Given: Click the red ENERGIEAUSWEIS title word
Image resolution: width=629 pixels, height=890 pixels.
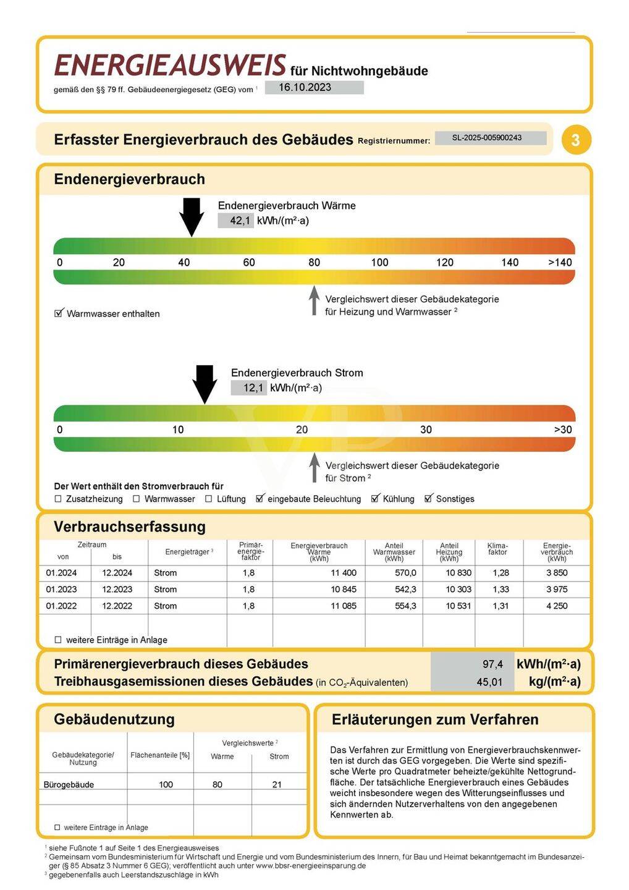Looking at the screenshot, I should pyautogui.click(x=170, y=66).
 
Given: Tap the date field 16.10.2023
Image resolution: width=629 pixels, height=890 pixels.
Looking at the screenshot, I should pyautogui.click(x=314, y=87).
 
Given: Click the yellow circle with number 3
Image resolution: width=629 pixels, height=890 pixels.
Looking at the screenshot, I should pyautogui.click(x=576, y=140).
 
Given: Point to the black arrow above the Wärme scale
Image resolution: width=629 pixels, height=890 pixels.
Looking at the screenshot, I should pyautogui.click(x=192, y=216).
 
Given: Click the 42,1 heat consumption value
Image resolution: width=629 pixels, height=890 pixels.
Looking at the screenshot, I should pyautogui.click(x=239, y=221).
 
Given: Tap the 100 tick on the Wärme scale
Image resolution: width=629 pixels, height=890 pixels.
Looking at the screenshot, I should pyautogui.click(x=379, y=262).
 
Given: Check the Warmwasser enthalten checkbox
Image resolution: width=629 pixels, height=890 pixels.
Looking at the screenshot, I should pyautogui.click(x=59, y=313).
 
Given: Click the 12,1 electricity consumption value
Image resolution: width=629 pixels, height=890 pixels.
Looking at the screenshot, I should pyautogui.click(x=252, y=388).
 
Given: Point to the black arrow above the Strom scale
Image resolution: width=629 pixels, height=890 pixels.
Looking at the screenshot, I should pyautogui.click(x=205, y=384).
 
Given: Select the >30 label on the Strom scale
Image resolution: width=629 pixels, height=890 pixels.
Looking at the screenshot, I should pyautogui.click(x=562, y=430).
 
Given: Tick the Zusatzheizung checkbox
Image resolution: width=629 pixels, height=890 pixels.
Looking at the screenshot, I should pyautogui.click(x=58, y=499).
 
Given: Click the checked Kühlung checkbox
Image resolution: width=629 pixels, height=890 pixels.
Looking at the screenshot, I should pyautogui.click(x=375, y=499).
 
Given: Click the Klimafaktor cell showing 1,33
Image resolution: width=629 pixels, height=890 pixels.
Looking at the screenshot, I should pyautogui.click(x=500, y=590).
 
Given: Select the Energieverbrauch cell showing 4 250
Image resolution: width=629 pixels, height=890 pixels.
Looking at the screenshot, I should pyautogui.click(x=556, y=606).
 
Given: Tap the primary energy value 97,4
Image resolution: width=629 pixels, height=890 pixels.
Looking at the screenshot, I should pyautogui.click(x=492, y=664).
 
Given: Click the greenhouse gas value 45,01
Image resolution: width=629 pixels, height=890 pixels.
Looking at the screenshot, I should pyautogui.click(x=489, y=682).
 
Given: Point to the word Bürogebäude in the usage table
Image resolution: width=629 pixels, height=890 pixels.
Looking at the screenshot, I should pyautogui.click(x=69, y=784).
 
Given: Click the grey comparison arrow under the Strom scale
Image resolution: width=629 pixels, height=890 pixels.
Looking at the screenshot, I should pyautogui.click(x=314, y=468).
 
